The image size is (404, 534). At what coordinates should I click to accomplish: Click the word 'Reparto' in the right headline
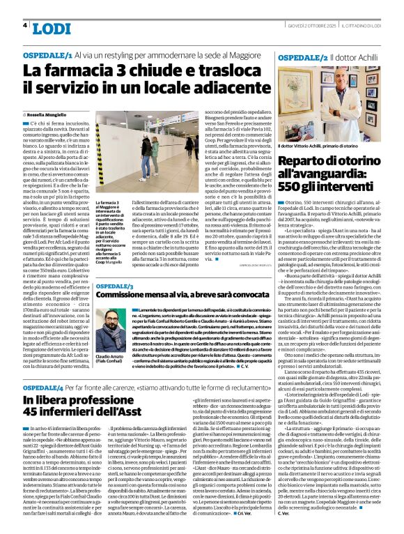pyautogui.click(x=302, y=160)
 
